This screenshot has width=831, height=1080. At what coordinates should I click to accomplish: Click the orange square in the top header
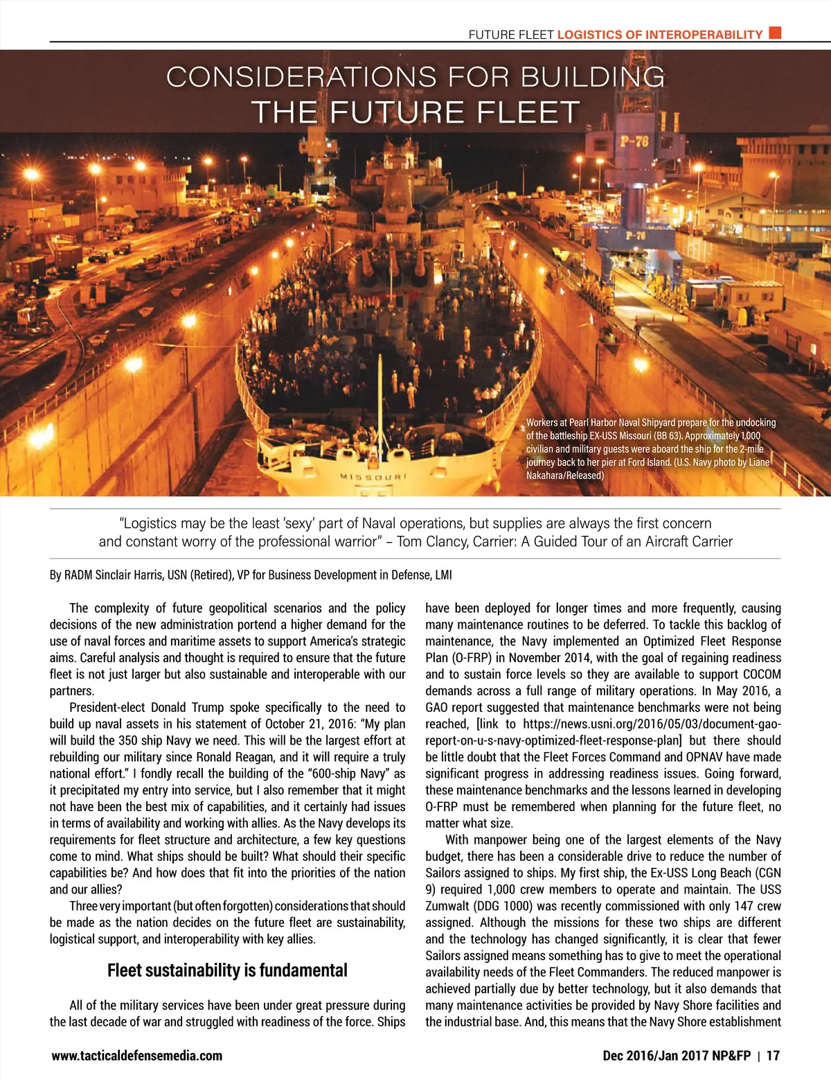click(x=776, y=33)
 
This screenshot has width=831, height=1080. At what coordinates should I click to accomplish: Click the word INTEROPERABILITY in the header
click(x=704, y=35)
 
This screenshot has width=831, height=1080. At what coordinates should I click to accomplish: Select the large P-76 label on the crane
click(x=634, y=142)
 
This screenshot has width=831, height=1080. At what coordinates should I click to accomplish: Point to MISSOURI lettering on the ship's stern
click(x=374, y=477)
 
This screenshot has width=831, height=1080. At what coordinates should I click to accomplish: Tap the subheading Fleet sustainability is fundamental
click(x=227, y=970)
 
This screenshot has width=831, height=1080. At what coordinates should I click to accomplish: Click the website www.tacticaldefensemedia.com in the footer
click(x=137, y=1056)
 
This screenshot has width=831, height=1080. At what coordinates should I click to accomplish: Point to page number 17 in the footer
click(x=773, y=1056)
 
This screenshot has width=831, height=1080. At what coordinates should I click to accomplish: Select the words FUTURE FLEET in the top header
click(x=511, y=35)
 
